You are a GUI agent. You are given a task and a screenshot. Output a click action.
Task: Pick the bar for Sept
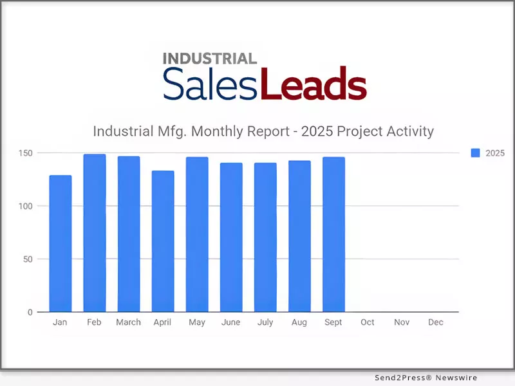pos(333,234)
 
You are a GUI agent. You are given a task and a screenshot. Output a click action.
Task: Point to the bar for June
pos(231,237)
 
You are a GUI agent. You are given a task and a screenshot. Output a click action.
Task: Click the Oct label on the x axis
pos(368,322)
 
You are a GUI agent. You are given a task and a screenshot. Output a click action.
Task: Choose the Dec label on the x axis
pos(436,322)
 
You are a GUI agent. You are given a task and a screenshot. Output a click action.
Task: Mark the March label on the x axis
pos(129,322)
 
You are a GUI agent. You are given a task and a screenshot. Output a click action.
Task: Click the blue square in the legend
pos(476,153)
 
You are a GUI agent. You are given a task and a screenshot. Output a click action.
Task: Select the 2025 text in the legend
pos(495,153)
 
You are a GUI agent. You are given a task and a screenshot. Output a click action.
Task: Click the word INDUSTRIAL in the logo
pos(210,59)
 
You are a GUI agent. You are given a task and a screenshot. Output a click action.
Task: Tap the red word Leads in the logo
pos(314,84)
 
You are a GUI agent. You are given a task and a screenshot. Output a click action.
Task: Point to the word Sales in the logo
pos(211,84)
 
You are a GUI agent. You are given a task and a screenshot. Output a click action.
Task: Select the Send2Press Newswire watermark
pos(427,378)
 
